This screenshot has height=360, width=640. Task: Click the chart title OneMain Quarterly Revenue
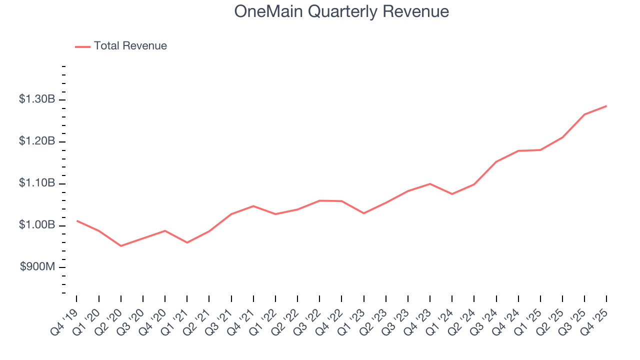tap(341, 11)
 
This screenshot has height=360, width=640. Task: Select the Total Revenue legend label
tap(130, 46)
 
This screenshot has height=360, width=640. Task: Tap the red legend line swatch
tap(82, 46)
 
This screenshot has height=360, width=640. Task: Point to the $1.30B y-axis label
tap(37, 99)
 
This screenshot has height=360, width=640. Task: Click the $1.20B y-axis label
tap(37, 141)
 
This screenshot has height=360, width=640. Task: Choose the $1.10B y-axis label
tap(37, 183)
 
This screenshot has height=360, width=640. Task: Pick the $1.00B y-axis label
tap(37, 225)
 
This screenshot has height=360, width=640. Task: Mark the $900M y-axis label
tap(37, 267)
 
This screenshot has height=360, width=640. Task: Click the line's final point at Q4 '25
tap(606, 106)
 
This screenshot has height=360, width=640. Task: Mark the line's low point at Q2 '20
tap(121, 246)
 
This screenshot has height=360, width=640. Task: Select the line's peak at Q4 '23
tap(430, 183)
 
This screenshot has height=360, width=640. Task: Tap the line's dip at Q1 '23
tap(363, 213)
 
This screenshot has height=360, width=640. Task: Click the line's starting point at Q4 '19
tap(76, 220)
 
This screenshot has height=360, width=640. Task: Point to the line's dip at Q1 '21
tap(187, 242)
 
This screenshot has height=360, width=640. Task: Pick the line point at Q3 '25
tap(584, 114)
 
